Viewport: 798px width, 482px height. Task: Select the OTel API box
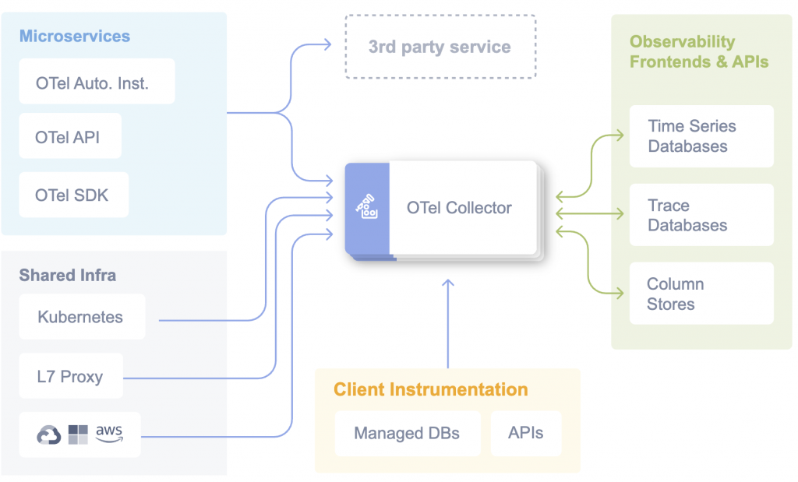point(68,138)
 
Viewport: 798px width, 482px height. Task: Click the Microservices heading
point(75,36)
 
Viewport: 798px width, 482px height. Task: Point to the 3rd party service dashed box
point(440,47)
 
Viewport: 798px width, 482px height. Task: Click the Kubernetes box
point(81,317)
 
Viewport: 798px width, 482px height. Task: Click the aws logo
point(109,433)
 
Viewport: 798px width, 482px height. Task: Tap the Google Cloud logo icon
point(49,435)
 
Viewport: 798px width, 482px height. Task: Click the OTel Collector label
point(459,208)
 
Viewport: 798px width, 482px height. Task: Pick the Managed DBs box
point(407,434)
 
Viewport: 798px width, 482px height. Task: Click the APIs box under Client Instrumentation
point(525,434)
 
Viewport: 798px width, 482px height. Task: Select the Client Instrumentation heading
point(431,389)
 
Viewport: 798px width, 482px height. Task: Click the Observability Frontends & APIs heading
point(699,51)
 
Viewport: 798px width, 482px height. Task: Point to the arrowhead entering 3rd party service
point(327,46)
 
